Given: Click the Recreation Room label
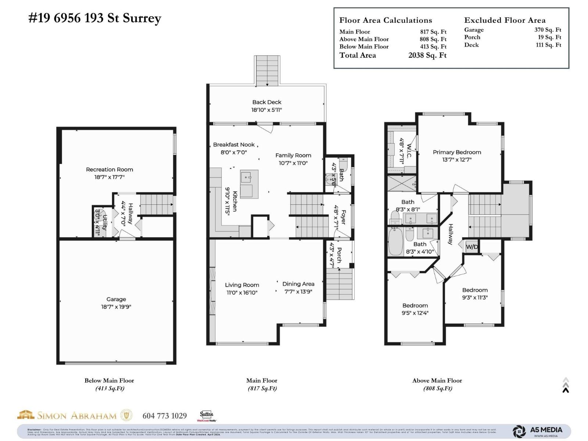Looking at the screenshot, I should pyautogui.click(x=110, y=169).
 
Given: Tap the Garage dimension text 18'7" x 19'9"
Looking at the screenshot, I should pyautogui.click(x=116, y=306).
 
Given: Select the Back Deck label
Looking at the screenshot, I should pyautogui.click(x=267, y=102).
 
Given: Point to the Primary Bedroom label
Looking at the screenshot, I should pyautogui.click(x=457, y=152).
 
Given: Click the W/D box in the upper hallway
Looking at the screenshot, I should pyautogui.click(x=472, y=247).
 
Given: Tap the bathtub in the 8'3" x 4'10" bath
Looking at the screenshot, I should pyautogui.click(x=396, y=242).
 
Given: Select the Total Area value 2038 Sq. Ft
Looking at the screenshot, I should pyautogui.click(x=427, y=55).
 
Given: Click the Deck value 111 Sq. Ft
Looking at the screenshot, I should pyautogui.click(x=548, y=45).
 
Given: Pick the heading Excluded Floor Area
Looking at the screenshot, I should pyautogui.click(x=505, y=20).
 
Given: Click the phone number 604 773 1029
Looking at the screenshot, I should pyautogui.click(x=165, y=416).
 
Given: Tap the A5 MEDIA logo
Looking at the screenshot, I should pyautogui.click(x=538, y=431).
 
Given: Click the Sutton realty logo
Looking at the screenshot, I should pyautogui.click(x=207, y=416).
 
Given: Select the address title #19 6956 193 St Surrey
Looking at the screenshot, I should pyautogui.click(x=95, y=18).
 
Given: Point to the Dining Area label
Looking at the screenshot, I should pyautogui.click(x=298, y=284).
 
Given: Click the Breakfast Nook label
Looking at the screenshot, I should pyautogui.click(x=234, y=144).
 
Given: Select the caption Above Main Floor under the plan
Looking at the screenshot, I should pyautogui.click(x=437, y=380).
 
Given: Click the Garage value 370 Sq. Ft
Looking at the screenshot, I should pyautogui.click(x=548, y=30).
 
